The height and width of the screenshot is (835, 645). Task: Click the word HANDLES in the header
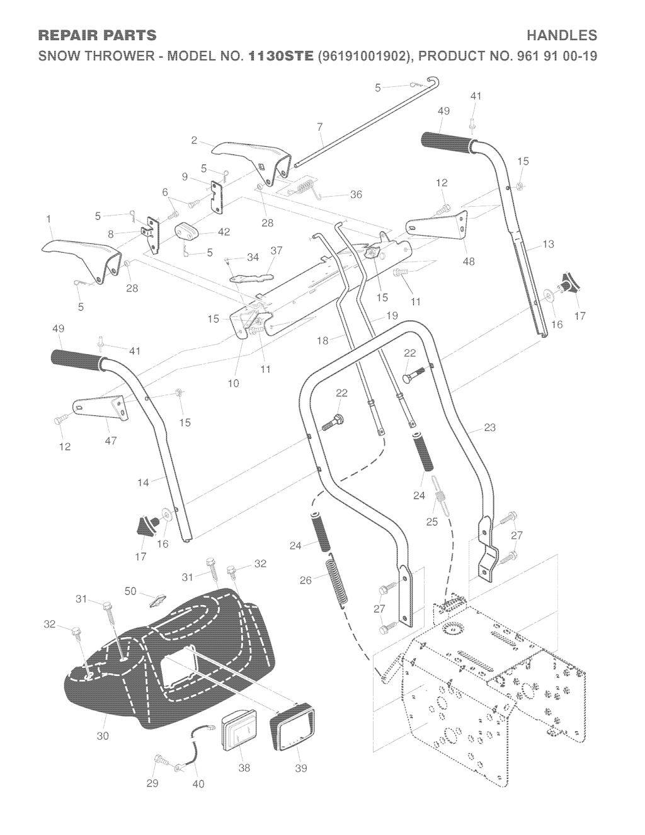pyautogui.click(x=562, y=35)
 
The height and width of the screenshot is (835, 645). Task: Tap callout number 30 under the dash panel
pyautogui.click(x=103, y=736)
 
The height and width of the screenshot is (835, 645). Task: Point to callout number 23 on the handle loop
pyautogui.click(x=489, y=427)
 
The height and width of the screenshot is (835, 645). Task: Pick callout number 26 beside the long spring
pyautogui.click(x=305, y=580)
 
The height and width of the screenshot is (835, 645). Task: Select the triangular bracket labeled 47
pyautogui.click(x=101, y=408)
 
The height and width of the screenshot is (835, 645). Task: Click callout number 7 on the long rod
pyautogui.click(x=320, y=127)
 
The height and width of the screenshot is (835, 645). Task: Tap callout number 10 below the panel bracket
pyautogui.click(x=234, y=383)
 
